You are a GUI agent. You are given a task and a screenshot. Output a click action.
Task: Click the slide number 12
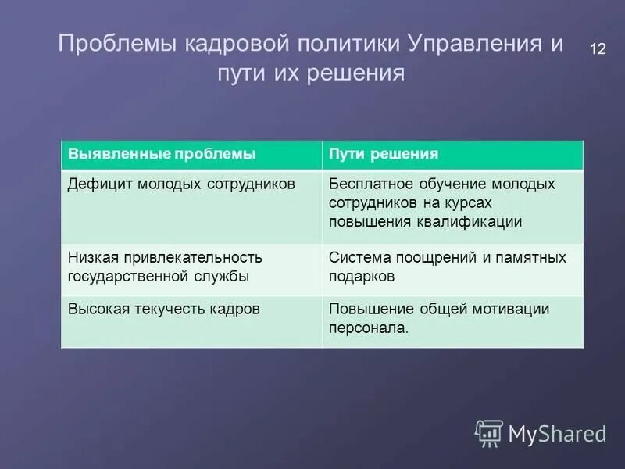[597, 49]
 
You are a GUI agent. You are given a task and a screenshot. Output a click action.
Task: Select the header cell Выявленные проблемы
[191, 155]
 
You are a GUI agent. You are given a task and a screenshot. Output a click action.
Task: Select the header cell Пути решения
[452, 155]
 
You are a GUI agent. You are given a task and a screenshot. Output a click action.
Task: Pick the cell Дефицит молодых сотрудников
[191, 206]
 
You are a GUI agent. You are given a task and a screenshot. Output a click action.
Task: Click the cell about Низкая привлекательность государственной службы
[191, 270]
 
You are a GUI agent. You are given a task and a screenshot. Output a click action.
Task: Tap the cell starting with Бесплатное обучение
[452, 206]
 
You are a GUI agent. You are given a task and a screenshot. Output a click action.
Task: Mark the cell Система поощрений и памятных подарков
[452, 270]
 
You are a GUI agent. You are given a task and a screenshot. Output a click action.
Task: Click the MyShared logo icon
[489, 432]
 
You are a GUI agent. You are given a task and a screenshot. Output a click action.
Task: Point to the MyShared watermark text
[557, 433]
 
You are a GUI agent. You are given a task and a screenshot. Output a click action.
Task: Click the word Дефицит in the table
[100, 184]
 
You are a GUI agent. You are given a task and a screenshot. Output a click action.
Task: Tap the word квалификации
[473, 222]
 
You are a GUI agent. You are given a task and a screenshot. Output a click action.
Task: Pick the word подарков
[362, 277]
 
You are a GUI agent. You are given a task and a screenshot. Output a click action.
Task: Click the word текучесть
[169, 310]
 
